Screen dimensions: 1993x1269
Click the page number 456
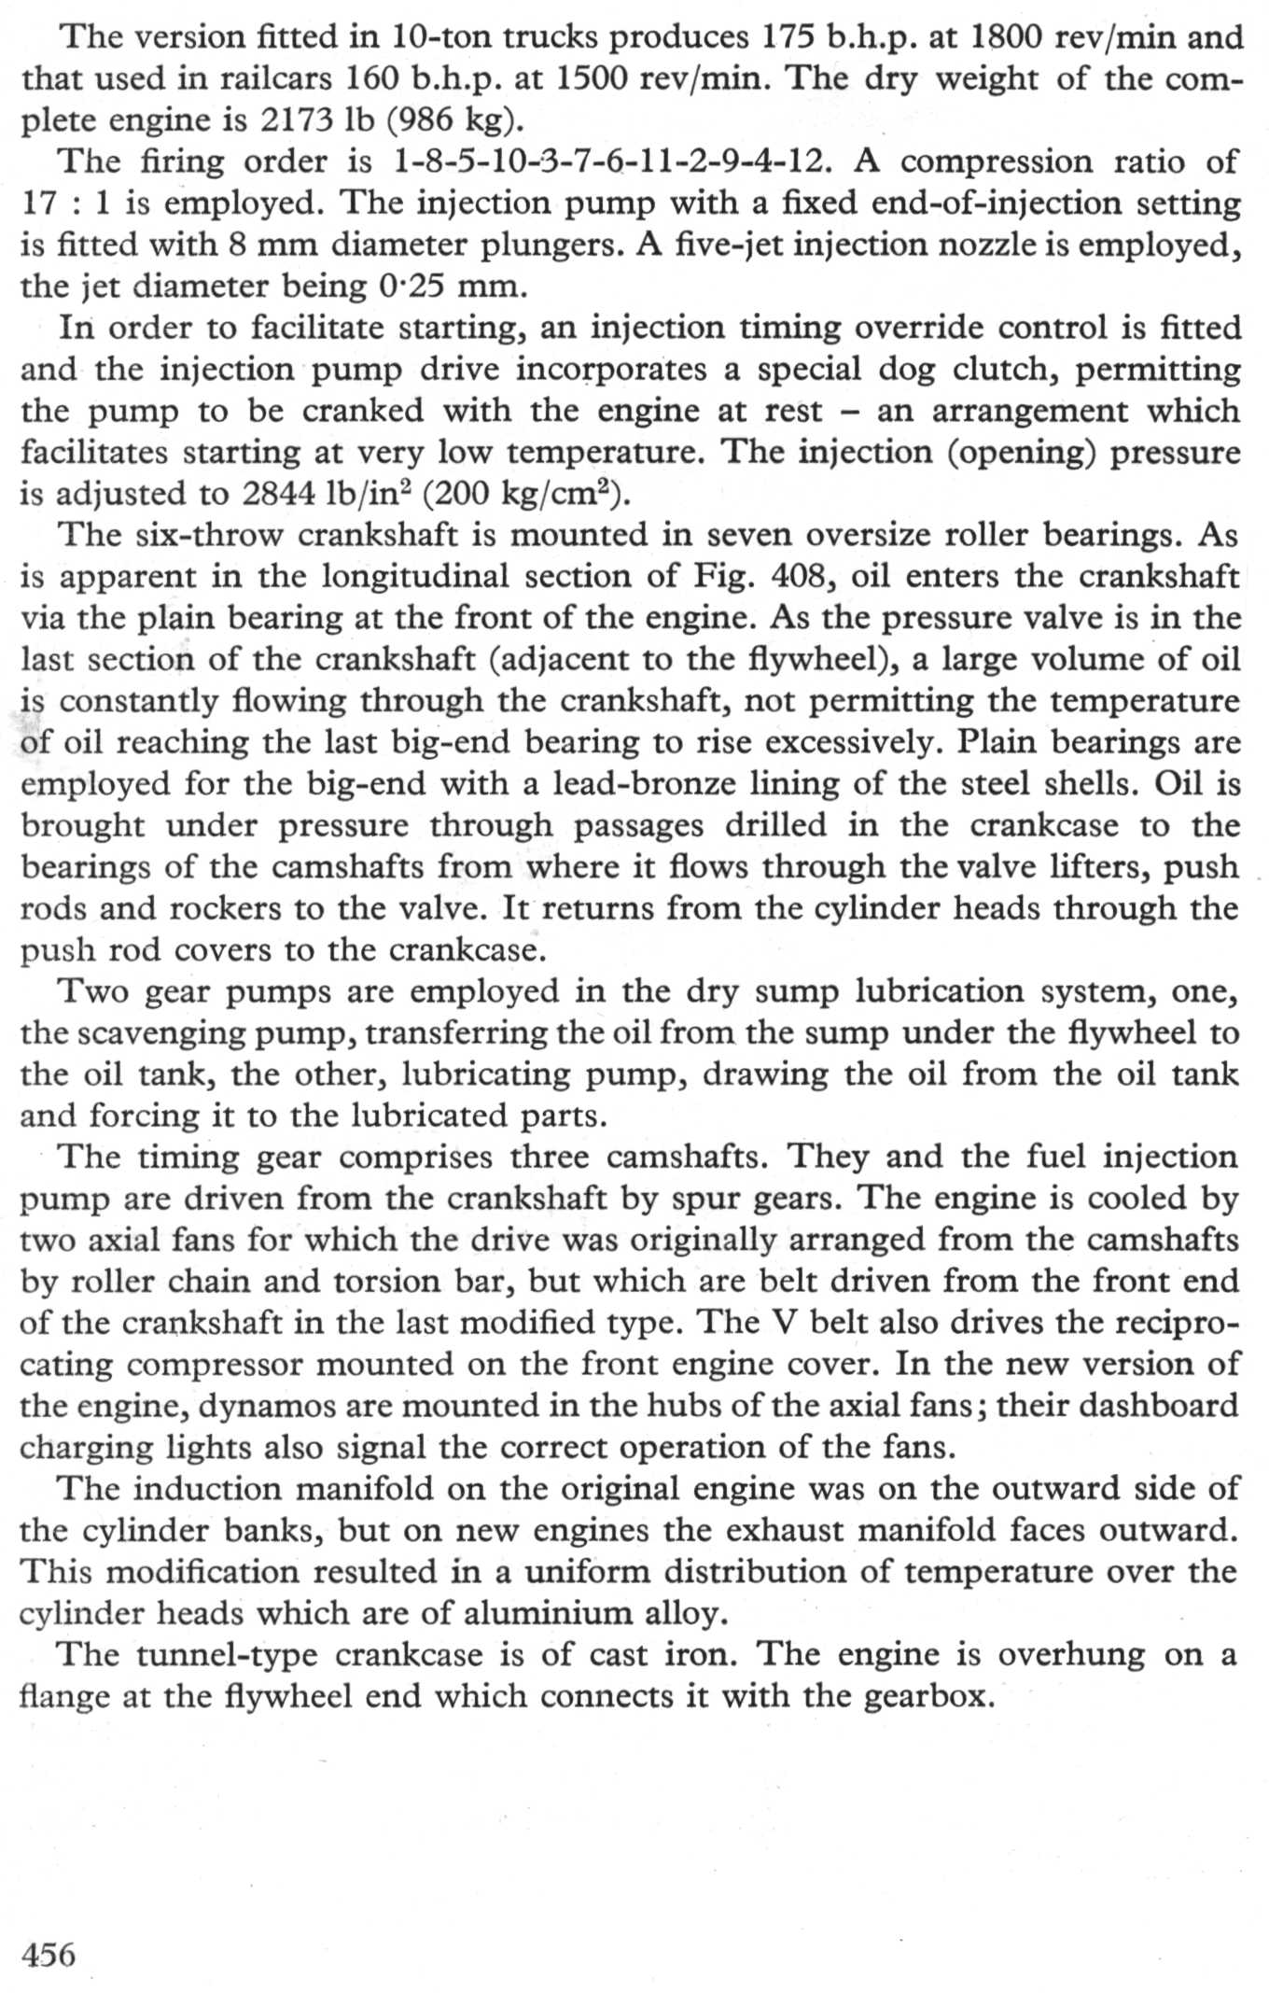tap(48, 1954)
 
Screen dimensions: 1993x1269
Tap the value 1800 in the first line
tap(1008, 37)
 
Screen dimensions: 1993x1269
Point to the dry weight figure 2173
tap(299, 120)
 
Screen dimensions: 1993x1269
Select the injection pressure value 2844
tap(280, 493)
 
